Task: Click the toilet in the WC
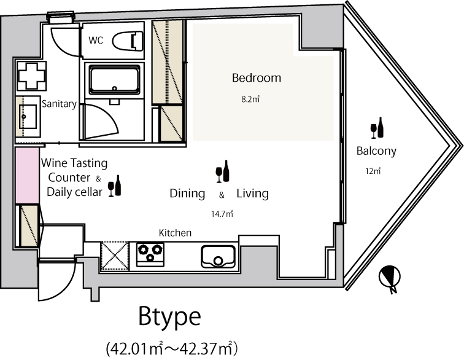(128, 41)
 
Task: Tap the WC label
(96, 40)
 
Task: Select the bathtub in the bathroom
(114, 80)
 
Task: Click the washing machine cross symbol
(31, 76)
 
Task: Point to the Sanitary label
(59, 104)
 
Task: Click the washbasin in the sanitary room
(28, 117)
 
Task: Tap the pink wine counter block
(27, 176)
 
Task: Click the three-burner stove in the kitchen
(150, 254)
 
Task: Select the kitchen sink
(218, 257)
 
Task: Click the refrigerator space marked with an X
(115, 256)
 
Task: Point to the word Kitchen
(175, 233)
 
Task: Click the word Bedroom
(257, 77)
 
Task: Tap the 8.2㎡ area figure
(250, 100)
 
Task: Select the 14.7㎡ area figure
(222, 214)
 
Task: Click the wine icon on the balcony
(377, 128)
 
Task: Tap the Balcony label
(376, 151)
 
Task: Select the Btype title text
(169, 316)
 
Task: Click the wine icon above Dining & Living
(223, 171)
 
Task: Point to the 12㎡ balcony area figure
(373, 171)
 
